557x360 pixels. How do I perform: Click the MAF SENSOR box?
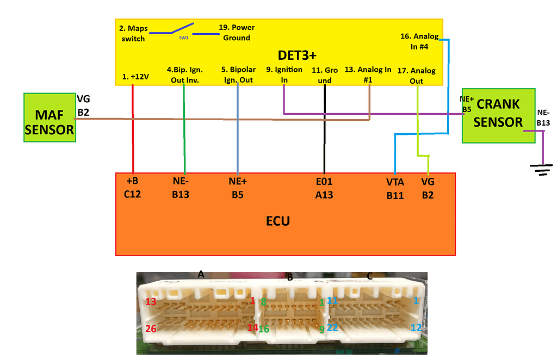tap(49, 117)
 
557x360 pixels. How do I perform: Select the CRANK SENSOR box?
tap(498, 115)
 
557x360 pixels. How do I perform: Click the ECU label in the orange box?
tap(277, 221)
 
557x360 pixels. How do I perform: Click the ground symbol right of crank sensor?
tap(540, 170)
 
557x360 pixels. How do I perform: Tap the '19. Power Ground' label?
tap(236, 33)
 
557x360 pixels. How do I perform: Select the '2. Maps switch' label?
tap(132, 33)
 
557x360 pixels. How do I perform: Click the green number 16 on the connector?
tap(264, 328)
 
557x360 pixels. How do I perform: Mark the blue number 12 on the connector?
tap(416, 327)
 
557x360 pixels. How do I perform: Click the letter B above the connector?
tap(290, 277)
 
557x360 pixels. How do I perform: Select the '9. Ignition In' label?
tap(284, 75)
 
